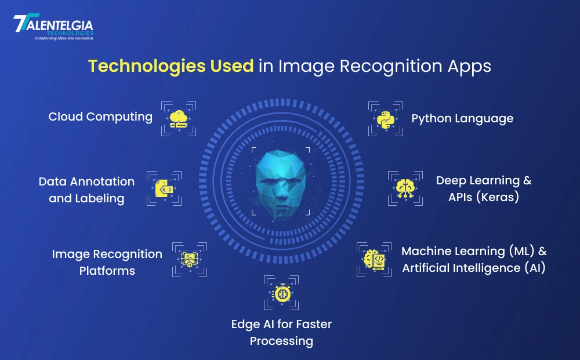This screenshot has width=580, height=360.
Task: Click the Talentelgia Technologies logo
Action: coord(53,27)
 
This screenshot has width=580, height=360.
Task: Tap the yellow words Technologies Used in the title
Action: coord(171,66)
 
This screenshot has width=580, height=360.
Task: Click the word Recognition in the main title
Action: coord(390,67)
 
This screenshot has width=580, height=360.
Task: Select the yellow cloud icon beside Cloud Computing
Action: coord(179,119)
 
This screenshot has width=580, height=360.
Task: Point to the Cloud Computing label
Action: coord(100,117)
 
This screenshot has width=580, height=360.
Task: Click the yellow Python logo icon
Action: coord(386,119)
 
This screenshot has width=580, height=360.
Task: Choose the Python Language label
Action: coord(462,119)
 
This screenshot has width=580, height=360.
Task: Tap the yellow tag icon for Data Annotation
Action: coord(164,188)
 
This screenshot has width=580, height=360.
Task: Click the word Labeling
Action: coord(100,198)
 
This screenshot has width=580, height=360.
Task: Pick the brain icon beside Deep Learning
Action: coord(405,188)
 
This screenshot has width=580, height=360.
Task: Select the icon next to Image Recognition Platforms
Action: coord(190,260)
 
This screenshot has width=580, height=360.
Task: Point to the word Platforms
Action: coord(107,271)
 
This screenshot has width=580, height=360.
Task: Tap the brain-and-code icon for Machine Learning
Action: coord(374,260)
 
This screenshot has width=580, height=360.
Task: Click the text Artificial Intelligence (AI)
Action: coord(474,268)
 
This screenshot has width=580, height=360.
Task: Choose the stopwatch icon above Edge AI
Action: coord(281,293)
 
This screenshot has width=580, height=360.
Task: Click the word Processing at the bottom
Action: coord(281,341)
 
